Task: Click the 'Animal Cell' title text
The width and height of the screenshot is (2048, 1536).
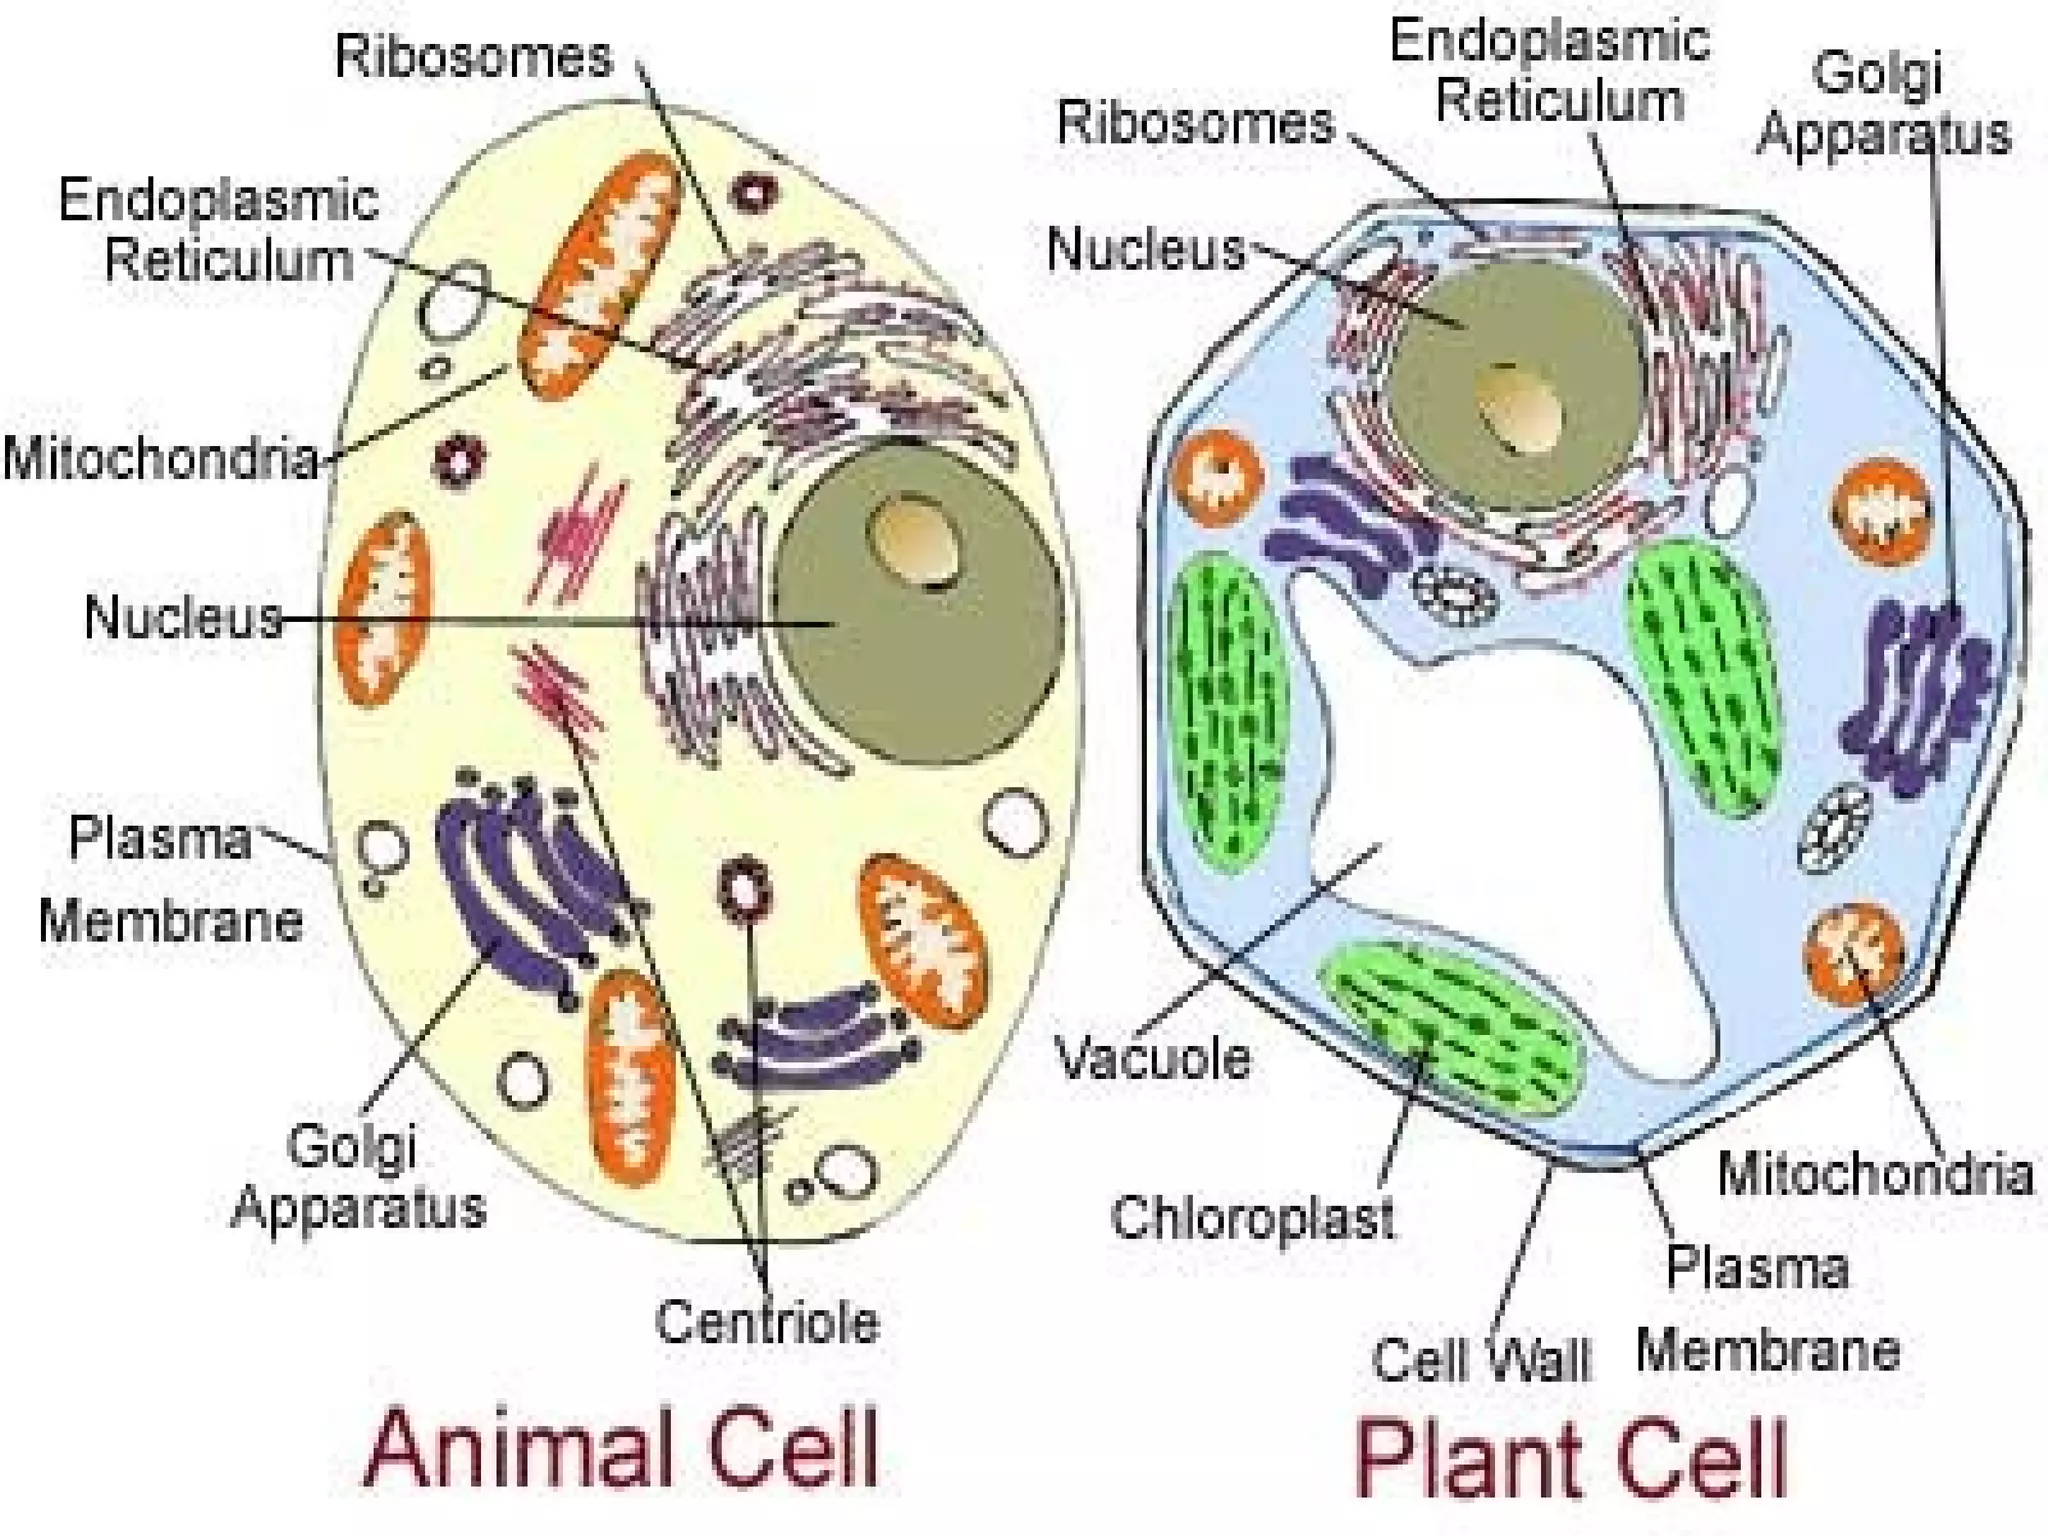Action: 621,1448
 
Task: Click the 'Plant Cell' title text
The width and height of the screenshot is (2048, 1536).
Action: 1571,1459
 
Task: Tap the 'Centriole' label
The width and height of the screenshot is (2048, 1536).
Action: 767,1322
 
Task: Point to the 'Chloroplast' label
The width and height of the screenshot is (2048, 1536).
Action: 1252,1218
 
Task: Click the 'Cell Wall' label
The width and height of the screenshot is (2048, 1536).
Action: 1481,1360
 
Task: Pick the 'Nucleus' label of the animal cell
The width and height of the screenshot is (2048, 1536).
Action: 183,617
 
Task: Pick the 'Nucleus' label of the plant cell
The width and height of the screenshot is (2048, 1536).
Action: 1146,249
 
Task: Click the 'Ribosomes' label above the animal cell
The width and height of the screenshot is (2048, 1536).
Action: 473,56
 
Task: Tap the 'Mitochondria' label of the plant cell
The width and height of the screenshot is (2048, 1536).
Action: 1875,1173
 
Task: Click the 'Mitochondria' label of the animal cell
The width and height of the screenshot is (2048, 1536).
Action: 160,459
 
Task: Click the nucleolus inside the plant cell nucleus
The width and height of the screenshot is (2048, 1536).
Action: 1520,410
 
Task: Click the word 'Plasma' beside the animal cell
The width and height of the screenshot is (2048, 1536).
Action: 160,838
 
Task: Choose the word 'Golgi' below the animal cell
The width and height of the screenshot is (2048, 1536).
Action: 351,1145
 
